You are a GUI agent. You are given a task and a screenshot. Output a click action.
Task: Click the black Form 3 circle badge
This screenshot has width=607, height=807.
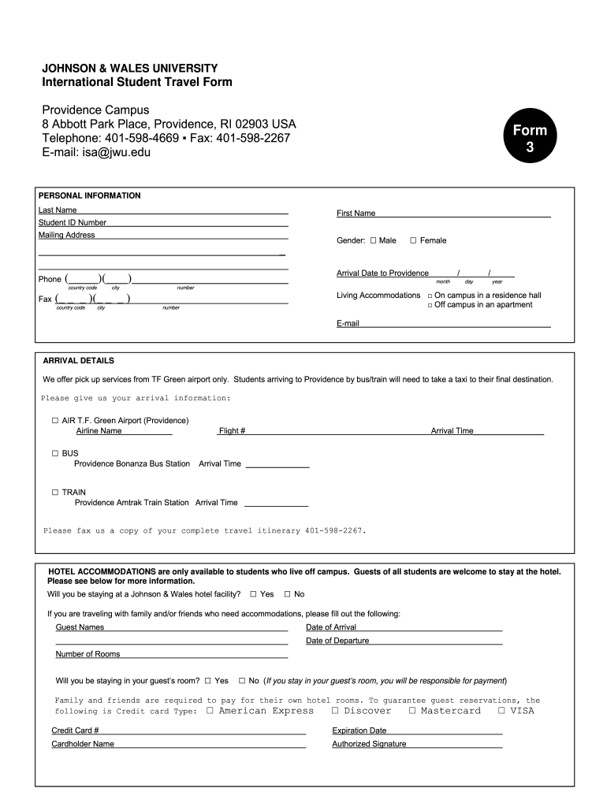pos(530,139)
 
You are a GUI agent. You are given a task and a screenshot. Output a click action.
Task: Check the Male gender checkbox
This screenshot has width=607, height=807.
pos(374,240)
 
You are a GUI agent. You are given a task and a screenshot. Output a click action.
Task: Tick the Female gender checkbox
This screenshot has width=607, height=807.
pos(413,240)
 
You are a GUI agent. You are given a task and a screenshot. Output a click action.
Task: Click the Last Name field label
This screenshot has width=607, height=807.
pos(58,210)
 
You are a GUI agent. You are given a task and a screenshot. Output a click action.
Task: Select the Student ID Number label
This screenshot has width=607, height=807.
pos(73,223)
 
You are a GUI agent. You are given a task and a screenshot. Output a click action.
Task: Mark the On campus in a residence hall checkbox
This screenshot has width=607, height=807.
pos(430,296)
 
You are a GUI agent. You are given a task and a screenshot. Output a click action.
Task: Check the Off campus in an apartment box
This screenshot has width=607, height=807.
pos(430,305)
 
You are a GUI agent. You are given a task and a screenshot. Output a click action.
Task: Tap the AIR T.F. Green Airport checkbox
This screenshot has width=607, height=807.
pos(55,420)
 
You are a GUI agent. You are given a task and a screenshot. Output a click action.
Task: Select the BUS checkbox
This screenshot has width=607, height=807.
pos(55,453)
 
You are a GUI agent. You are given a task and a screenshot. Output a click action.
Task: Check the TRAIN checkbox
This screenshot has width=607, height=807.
pos(55,492)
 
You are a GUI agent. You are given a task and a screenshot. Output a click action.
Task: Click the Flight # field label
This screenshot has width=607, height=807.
pos(232,431)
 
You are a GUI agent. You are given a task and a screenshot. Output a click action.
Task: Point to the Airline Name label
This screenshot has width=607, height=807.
pos(99,431)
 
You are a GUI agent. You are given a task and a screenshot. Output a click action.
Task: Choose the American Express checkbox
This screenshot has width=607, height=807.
pos(210,710)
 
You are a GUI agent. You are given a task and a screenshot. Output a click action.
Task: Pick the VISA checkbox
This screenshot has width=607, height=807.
pos(501,710)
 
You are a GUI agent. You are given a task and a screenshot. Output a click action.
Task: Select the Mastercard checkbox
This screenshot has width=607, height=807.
pos(412,710)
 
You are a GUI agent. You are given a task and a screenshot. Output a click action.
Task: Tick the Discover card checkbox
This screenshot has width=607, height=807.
pos(335,710)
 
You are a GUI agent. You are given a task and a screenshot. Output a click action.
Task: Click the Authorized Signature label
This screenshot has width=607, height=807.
pos(369,744)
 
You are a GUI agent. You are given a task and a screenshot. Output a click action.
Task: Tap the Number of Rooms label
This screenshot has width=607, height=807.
pos(88,654)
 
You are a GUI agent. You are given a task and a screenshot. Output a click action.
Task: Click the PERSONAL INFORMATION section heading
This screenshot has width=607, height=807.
pos(90,195)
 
